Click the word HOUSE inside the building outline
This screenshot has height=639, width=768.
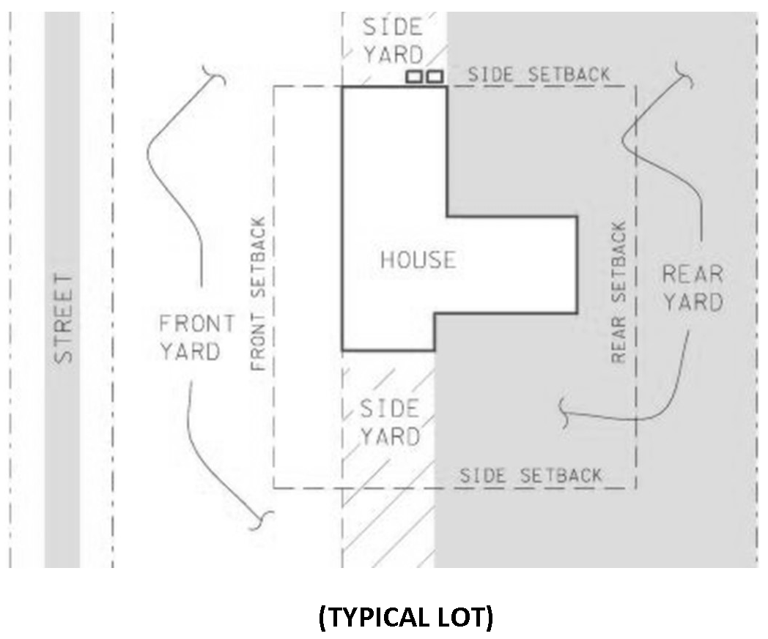click(418, 260)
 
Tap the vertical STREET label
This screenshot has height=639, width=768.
click(64, 319)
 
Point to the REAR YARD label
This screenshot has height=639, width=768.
click(692, 288)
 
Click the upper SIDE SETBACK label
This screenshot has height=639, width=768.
click(539, 75)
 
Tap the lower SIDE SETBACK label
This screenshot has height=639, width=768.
click(530, 476)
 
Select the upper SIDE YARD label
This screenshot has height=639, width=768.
click(393, 41)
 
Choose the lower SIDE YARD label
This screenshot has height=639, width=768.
click(389, 422)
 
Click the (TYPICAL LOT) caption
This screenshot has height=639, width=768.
click(406, 618)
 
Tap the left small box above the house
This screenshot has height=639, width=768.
click(415, 76)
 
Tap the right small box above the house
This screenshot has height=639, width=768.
click(435, 76)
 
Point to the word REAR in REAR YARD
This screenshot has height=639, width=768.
click(692, 274)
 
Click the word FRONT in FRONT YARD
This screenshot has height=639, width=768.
click(197, 324)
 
